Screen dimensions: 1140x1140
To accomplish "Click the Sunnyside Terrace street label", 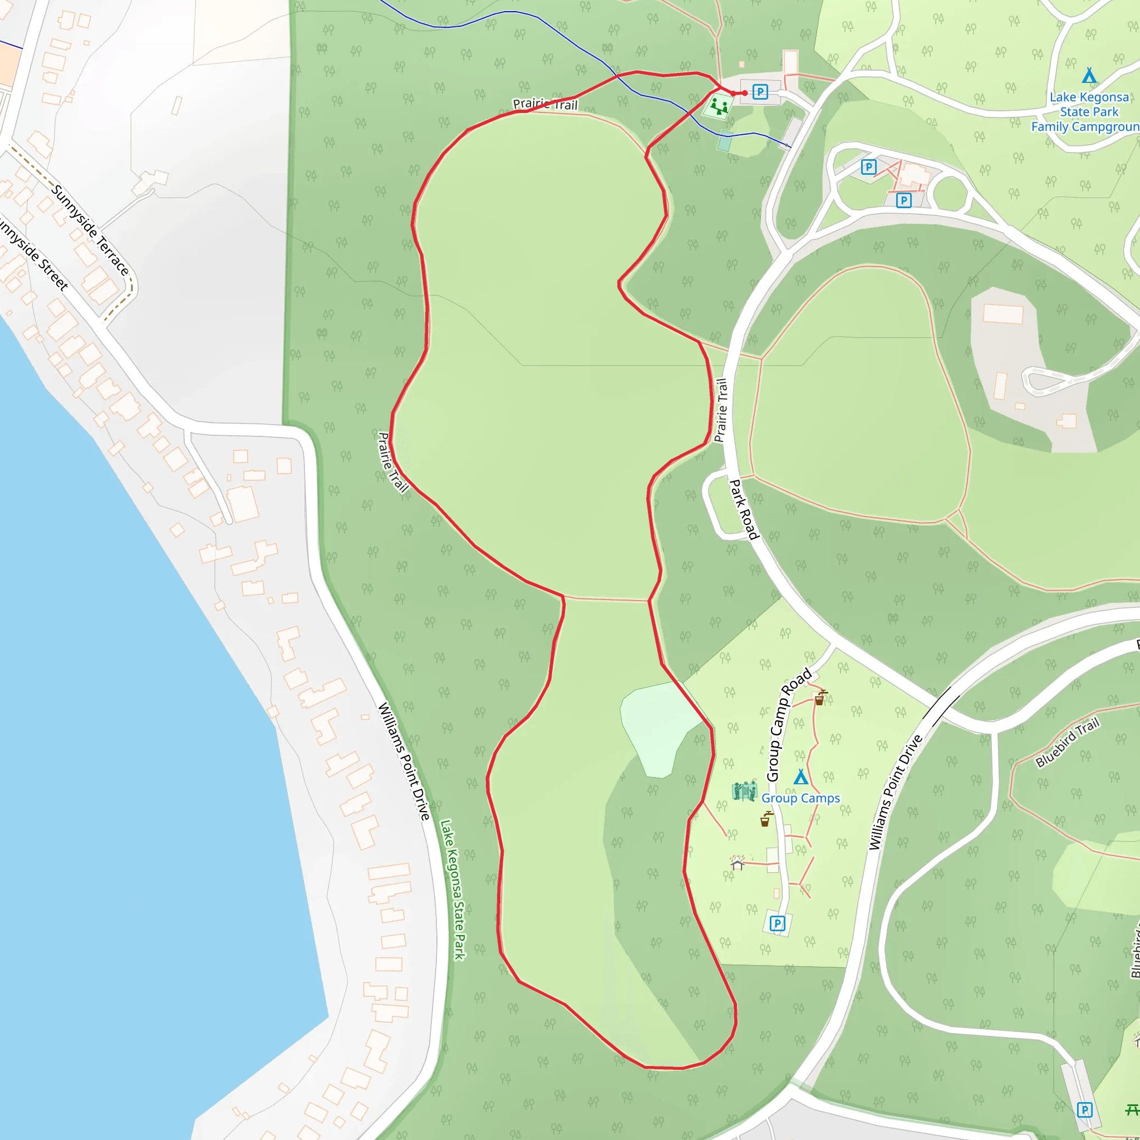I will pyautogui.click(x=90, y=229).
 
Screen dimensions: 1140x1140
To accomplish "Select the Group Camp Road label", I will pyautogui.click(x=788, y=726).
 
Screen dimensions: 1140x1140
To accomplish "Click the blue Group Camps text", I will pyautogui.click(x=800, y=798).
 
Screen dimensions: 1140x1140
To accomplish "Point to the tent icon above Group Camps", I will pyautogui.click(x=800, y=778).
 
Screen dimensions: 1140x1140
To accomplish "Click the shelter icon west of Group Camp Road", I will pyautogui.click(x=737, y=863).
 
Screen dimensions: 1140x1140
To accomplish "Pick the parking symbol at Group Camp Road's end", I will pyautogui.click(x=778, y=923).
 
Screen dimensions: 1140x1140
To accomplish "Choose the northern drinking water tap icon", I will pyautogui.click(x=820, y=698).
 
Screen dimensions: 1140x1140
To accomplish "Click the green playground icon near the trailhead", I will pyautogui.click(x=719, y=107).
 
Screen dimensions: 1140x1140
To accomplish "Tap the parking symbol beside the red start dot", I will pyautogui.click(x=760, y=92).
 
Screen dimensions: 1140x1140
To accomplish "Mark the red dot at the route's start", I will pyautogui.click(x=745, y=92).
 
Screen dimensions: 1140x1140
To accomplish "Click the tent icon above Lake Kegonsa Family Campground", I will pyautogui.click(x=1089, y=76).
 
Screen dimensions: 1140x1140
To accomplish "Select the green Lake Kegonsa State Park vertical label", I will pyautogui.click(x=453, y=890).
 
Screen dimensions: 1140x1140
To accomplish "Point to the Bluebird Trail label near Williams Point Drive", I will pyautogui.click(x=1068, y=743).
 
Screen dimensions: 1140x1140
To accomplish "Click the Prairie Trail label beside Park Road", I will pyautogui.click(x=720, y=411).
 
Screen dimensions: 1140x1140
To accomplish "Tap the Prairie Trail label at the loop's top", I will pyautogui.click(x=545, y=105).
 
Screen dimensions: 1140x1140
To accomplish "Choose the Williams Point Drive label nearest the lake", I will pyautogui.click(x=404, y=761).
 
